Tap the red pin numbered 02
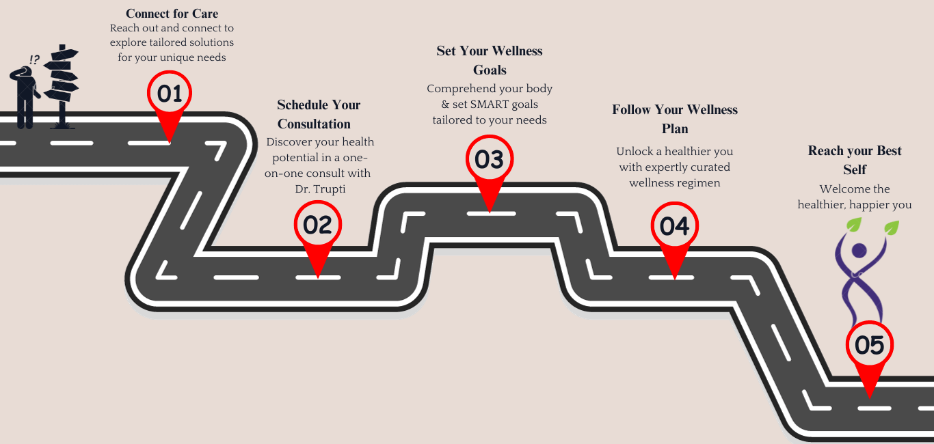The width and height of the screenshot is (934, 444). (x=317, y=225)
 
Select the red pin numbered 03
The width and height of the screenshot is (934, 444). (x=490, y=160)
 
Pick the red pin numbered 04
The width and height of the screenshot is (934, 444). (x=675, y=226)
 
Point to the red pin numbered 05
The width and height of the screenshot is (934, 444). (x=869, y=346)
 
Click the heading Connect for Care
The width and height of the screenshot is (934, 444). (x=172, y=14)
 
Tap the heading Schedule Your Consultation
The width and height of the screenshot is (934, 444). (x=319, y=114)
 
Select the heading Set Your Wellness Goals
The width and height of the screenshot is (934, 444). (x=490, y=60)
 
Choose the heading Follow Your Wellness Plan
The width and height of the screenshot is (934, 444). (x=675, y=119)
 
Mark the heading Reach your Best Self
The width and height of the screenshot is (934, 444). (x=855, y=160)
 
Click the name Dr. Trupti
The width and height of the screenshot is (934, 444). (x=316, y=189)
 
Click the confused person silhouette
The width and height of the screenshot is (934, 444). (x=25, y=96)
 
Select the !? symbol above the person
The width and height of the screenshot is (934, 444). (x=34, y=60)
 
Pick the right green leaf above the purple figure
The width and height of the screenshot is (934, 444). (x=891, y=227)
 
